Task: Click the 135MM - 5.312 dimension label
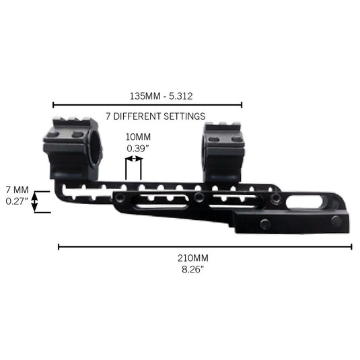pos(161,96)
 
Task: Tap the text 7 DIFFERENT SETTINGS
pos(155,116)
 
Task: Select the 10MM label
pos(138,137)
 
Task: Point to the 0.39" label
pos(138,149)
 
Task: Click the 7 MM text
pos(17,190)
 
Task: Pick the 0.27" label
pos(17,201)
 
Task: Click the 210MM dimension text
pos(193,258)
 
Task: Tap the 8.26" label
pos(192,269)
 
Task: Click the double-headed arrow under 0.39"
pos(134,159)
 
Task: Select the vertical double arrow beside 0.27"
pos(34,202)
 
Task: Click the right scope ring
pos(223,151)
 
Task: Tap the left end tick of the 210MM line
pos(59,247)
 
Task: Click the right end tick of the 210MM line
pos(351,247)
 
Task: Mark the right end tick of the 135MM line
pos(242,105)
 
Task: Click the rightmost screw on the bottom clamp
pos(336,221)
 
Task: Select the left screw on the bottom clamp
pos(265,223)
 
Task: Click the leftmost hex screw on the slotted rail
pos(120,196)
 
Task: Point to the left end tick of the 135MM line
pos(53,105)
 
